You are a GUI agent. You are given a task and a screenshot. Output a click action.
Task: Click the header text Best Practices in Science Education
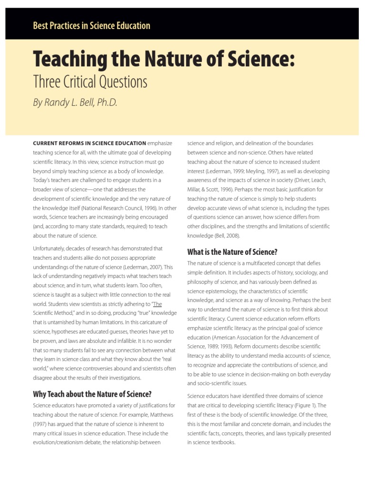(91, 26)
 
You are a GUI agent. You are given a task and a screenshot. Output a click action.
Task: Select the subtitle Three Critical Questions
(90, 82)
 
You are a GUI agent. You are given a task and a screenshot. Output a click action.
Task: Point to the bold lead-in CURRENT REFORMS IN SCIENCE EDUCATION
(89, 143)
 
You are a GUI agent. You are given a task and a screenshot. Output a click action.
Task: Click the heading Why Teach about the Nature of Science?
(92, 394)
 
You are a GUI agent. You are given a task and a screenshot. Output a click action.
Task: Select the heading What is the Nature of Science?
(232, 252)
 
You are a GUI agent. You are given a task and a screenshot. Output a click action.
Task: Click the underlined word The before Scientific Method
(157, 304)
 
